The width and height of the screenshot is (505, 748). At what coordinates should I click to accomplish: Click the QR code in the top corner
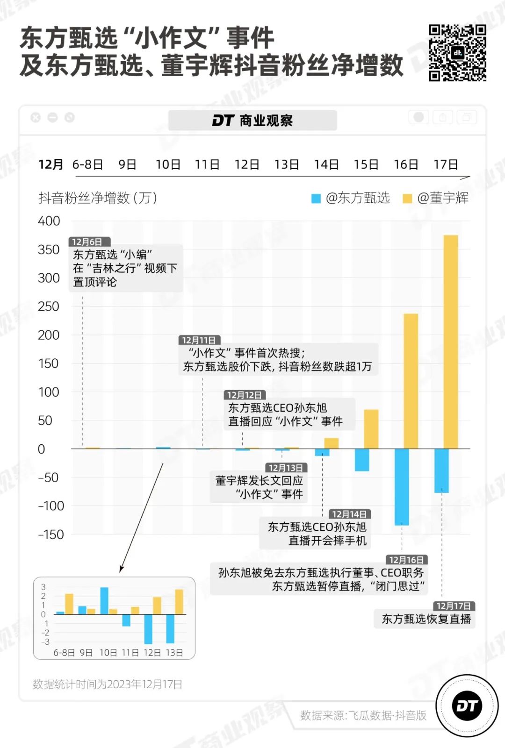point(457,52)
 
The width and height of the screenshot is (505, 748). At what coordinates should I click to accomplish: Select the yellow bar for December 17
point(451,342)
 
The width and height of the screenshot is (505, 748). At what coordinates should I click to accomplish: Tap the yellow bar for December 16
point(411,381)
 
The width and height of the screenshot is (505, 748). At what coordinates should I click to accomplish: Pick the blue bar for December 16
point(402,486)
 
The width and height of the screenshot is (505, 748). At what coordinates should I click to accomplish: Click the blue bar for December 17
point(441,470)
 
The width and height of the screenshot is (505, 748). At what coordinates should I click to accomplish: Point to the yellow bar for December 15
point(371,429)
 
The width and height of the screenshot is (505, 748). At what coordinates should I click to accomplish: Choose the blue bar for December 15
point(362,460)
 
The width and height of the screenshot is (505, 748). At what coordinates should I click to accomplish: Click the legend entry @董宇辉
point(436,198)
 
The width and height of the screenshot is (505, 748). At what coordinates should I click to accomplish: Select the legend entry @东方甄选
point(351,198)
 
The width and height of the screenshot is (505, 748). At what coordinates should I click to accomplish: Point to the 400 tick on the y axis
point(49,221)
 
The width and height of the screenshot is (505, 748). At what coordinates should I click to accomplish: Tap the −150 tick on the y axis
point(51,534)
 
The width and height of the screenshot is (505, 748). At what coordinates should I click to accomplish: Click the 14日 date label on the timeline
point(326,164)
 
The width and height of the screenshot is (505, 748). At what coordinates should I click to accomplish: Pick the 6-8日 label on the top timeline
point(87,164)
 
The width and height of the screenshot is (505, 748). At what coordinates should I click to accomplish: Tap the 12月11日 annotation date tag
point(199,340)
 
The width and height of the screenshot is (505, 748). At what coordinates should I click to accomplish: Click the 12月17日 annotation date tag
point(454,606)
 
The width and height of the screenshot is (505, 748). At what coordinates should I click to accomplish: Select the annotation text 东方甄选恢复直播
point(426,619)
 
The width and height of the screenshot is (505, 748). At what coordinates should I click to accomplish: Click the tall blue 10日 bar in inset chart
point(104,600)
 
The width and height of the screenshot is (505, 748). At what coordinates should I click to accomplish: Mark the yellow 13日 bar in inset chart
point(179,602)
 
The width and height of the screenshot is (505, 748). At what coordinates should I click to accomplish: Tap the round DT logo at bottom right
point(467,706)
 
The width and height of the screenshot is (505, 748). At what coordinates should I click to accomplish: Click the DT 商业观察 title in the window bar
point(252,121)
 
